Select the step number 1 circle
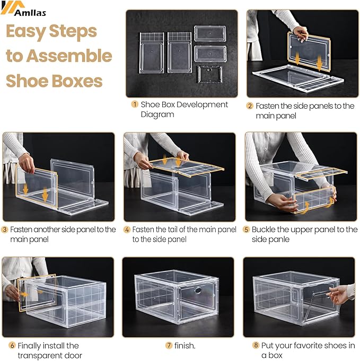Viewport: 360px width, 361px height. [x=135, y=104]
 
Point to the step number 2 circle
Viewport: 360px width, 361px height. [x=250, y=106]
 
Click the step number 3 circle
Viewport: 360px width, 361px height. [x=5, y=230]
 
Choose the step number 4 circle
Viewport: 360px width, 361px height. [x=127, y=230]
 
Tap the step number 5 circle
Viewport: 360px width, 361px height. [x=246, y=230]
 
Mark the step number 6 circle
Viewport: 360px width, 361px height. [x=12, y=346]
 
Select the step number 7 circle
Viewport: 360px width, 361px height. [x=169, y=346]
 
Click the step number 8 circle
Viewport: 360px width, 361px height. [x=256, y=346]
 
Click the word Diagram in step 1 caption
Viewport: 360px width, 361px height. [x=157, y=115]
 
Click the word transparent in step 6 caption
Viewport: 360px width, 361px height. [x=40, y=355]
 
